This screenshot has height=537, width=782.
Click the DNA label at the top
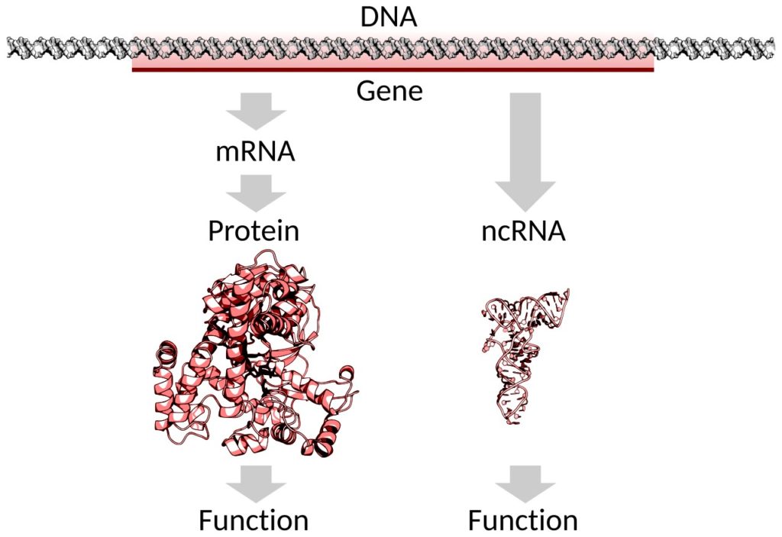(x=389, y=17)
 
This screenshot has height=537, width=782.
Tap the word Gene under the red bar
(x=389, y=92)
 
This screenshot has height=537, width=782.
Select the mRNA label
(x=254, y=151)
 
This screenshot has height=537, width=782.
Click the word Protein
(x=254, y=231)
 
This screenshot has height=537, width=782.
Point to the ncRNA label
(x=524, y=231)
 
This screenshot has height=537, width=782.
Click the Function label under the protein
(x=254, y=520)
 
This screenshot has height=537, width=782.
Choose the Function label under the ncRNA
(x=523, y=520)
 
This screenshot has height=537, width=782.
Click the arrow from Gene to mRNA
(x=254, y=111)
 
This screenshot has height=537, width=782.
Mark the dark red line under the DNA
(x=393, y=70)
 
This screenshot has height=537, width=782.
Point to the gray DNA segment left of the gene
(x=69, y=49)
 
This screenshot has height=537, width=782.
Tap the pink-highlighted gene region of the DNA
(x=393, y=49)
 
